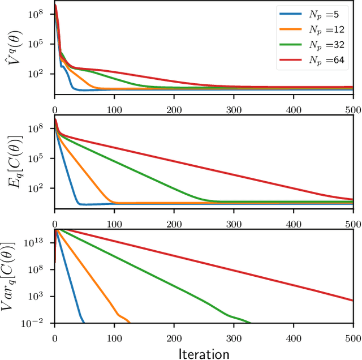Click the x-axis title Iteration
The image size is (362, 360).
click(204, 353)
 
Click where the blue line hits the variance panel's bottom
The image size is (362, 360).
click(84, 323)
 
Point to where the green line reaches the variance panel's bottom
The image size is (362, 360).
click(250, 323)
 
